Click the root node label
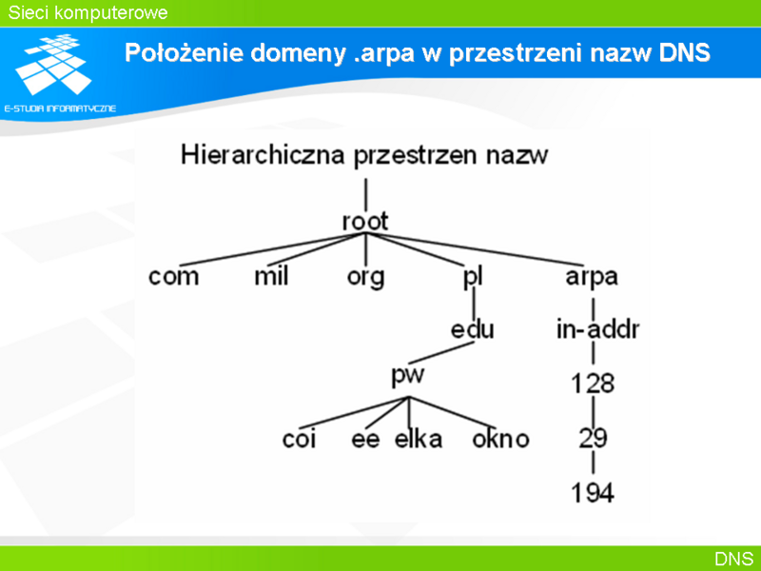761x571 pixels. coord(365,222)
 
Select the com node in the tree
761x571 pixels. coord(173,277)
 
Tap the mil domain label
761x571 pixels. coord(271,276)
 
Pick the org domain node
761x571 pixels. coord(365,278)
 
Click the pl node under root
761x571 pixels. coord(472,277)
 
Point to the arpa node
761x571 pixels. coord(592,278)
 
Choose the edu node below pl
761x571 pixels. coord(472,329)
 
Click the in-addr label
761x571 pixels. coord(597,329)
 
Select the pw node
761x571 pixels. coord(408,376)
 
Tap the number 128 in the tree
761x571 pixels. coord(593,384)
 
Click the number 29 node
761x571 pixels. coord(593,438)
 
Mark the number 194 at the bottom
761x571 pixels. coord(593,493)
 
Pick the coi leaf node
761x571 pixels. coord(299,439)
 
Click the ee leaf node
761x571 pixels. coord(365,440)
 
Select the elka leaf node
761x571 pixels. coord(419,439)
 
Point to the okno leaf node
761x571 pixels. coord(500,439)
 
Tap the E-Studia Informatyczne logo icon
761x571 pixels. coord(54,64)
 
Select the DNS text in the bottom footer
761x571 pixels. coord(733,559)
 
